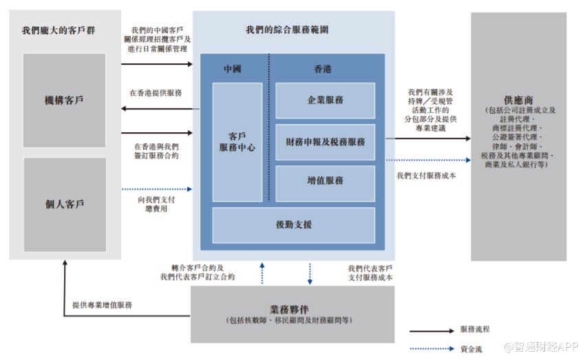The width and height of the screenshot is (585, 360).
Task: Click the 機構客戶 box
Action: pyautogui.click(x=64, y=100)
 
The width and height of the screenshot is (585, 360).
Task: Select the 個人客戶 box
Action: pyautogui.click(x=64, y=204)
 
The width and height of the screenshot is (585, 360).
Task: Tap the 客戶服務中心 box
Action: pyautogui.click(x=237, y=142)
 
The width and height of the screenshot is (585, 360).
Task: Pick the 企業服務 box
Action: pyautogui.click(x=325, y=100)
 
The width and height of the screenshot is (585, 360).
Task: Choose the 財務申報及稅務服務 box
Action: pyautogui.click(x=325, y=142)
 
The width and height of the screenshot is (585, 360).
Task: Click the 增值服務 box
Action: pyautogui.click(x=325, y=181)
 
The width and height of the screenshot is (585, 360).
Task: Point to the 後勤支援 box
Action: pyautogui.click(x=294, y=224)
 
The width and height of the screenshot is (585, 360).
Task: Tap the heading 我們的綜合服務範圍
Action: pyautogui.click(x=287, y=30)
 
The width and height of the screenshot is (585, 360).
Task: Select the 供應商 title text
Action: pyautogui.click(x=518, y=98)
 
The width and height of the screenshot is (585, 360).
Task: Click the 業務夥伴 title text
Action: pyautogui.click(x=292, y=308)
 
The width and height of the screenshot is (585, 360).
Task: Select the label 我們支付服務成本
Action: pyautogui.click(x=426, y=176)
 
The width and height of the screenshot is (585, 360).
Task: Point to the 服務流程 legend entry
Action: pyautogui.click(x=474, y=330)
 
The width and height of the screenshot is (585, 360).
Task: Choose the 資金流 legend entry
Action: pyautogui.click(x=470, y=348)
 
